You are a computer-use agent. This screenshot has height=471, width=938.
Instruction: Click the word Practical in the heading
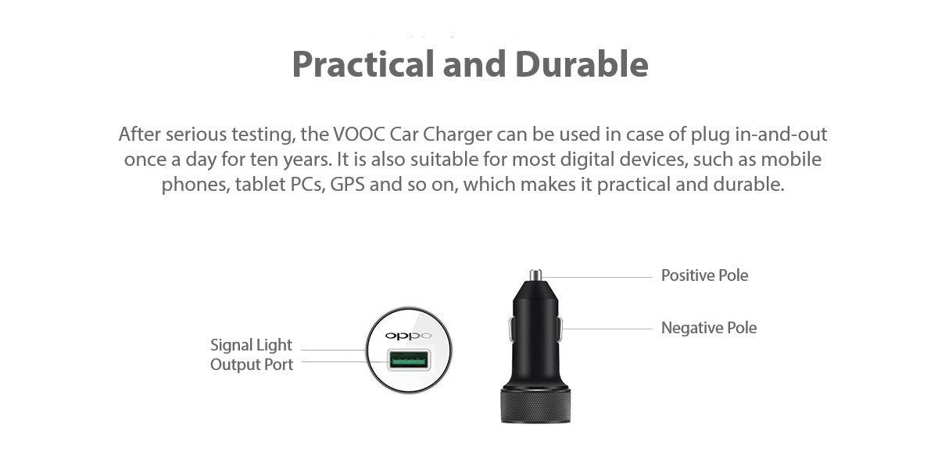point(363,64)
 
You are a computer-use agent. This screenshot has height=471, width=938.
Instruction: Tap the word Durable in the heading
point(582,63)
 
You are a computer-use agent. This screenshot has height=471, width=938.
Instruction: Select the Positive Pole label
point(704,275)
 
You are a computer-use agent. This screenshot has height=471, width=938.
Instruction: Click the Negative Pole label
point(708,328)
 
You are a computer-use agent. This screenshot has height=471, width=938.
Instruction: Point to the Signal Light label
point(251,345)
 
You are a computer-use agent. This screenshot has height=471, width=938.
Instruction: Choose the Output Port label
point(251,365)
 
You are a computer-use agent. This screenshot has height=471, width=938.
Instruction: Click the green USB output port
point(409,360)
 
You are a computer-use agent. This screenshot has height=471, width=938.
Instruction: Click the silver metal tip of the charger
point(535,275)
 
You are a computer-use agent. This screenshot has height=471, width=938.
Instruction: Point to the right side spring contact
point(560,329)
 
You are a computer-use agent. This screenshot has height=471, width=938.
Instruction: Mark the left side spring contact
point(511,329)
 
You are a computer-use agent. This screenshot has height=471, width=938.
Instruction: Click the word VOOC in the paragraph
point(359,135)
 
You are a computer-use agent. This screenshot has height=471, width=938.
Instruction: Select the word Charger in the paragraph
point(457,135)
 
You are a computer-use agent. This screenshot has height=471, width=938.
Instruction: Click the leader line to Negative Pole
point(607,329)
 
